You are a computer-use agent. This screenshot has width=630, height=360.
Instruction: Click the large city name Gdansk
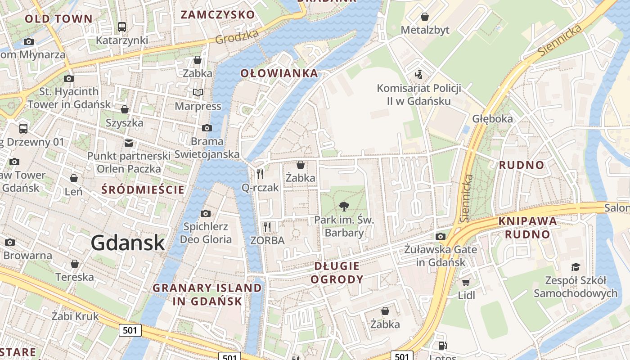pyautogui.click(x=128, y=243)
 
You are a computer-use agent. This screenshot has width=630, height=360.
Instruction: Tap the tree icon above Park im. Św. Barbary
pyautogui.click(x=344, y=207)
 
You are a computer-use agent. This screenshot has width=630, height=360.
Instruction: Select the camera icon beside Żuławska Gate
pyautogui.click(x=441, y=236)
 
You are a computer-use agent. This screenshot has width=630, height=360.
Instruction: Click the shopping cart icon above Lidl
pyautogui.click(x=466, y=282)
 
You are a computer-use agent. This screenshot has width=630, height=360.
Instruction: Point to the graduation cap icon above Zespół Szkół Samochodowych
pyautogui.click(x=575, y=267)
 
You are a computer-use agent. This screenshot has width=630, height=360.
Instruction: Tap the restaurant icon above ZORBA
pyautogui.click(x=267, y=227)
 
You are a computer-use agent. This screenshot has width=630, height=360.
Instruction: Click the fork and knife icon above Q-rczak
pyautogui.click(x=260, y=174)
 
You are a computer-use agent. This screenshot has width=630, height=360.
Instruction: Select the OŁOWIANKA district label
pyautogui.click(x=279, y=73)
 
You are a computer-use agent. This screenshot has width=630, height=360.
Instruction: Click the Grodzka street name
pyautogui.click(x=237, y=37)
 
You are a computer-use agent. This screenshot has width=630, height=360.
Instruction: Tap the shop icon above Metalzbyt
pyautogui.click(x=424, y=17)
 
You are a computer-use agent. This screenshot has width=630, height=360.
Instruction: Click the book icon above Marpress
pyautogui.click(x=198, y=93)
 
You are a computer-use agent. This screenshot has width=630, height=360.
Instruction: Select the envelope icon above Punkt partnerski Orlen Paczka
pyautogui.click(x=129, y=143)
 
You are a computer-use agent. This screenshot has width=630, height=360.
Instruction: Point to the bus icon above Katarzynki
pyautogui.click(x=121, y=27)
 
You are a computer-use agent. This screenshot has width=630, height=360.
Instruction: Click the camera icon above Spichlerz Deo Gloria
pyautogui.click(x=205, y=213)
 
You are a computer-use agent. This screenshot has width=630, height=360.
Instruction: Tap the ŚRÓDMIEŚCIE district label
pyautogui.click(x=143, y=189)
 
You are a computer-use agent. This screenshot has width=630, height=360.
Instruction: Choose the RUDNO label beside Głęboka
pyautogui.click(x=522, y=165)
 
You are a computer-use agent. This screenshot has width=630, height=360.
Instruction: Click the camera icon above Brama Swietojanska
pyautogui.click(x=207, y=128)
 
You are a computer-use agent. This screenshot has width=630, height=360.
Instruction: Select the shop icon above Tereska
pyautogui.click(x=75, y=264)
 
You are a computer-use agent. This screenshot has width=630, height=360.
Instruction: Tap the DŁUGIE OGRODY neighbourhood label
pyautogui.click(x=337, y=273)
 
